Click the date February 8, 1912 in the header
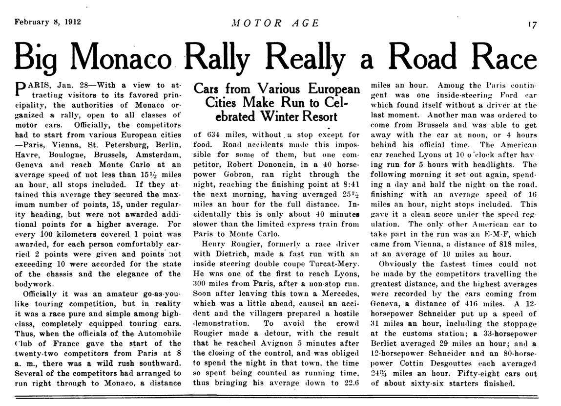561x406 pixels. point(47,23)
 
